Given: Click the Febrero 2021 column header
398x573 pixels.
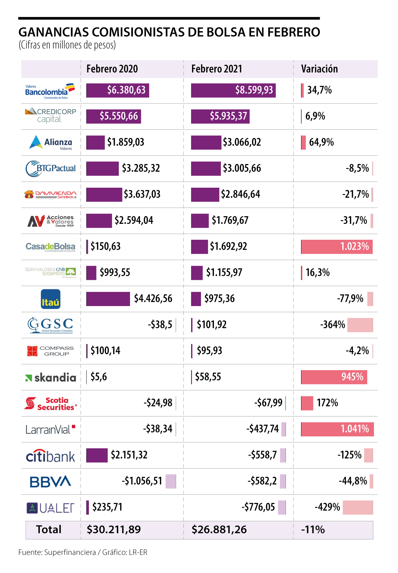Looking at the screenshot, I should click(217, 69).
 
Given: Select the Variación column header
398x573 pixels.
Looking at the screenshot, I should click(319, 69).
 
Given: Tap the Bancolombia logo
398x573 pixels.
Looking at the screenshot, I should click(50, 91).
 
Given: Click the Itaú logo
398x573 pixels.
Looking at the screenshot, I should click(50, 299).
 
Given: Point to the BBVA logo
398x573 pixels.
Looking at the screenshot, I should click(50, 481).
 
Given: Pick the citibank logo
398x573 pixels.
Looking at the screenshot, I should click(50, 456).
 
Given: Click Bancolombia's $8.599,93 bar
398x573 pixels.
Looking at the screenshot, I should click(233, 90).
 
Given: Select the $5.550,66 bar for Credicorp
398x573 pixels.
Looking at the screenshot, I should click(113, 116).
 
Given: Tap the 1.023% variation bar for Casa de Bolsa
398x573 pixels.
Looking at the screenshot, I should click(337, 247).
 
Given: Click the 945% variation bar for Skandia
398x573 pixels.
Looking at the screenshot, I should click(334, 377).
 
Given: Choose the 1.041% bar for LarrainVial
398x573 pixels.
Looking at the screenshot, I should click(337, 429).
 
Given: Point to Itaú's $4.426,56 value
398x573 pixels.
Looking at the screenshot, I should click(153, 299).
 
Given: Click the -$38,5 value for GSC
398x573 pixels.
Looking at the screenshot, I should click(160, 325).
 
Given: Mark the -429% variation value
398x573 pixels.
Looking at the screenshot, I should click(327, 507).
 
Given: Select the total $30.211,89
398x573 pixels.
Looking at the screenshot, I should click(114, 530).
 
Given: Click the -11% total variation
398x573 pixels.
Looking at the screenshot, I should click(313, 530).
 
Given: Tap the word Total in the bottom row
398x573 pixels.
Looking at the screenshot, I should click(49, 530).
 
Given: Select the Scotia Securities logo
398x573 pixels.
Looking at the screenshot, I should click(50, 404).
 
